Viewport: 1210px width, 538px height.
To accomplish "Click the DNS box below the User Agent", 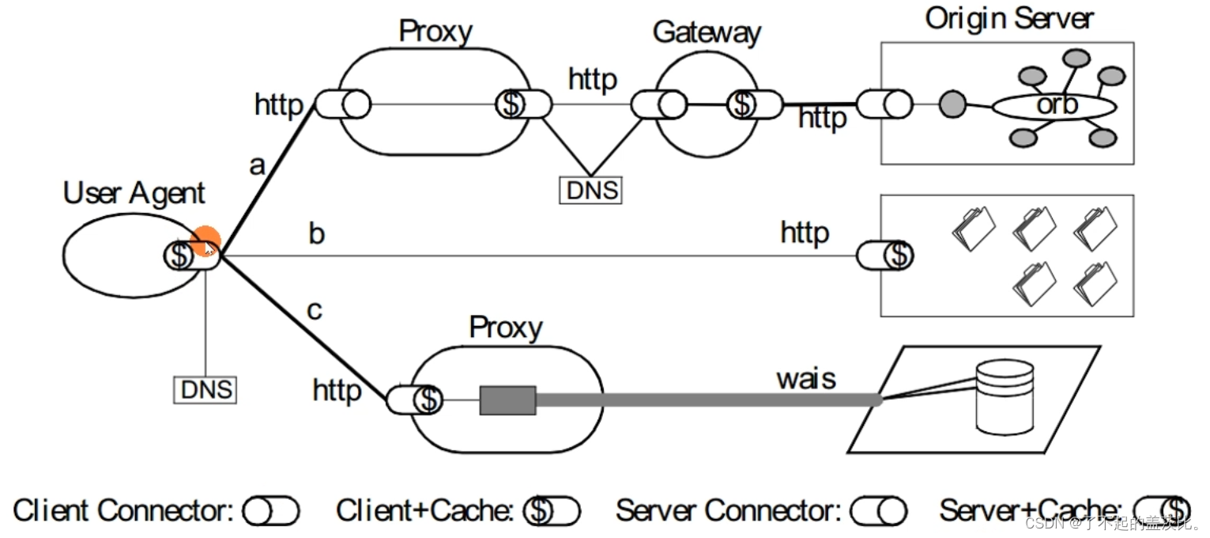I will [x=205, y=389].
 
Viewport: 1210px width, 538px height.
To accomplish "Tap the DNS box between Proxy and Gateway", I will [x=590, y=190].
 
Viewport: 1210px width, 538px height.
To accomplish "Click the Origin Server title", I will [x=1009, y=18].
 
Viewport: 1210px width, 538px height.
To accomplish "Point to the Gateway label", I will [x=706, y=32].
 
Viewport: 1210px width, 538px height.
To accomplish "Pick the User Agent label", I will [x=134, y=193].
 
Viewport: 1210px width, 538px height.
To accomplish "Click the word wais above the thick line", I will [x=805, y=378].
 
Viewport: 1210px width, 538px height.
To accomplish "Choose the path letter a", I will [x=257, y=166].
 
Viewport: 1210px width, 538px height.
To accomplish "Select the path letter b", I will [x=316, y=234].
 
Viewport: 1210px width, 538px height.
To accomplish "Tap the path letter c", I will [x=315, y=310].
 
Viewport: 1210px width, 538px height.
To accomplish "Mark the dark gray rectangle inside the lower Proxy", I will [x=507, y=400].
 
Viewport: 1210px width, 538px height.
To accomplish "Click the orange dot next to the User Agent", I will [x=206, y=241].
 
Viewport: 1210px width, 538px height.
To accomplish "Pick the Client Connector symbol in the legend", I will [x=271, y=512].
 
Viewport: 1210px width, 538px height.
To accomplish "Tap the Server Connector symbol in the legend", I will [x=878, y=512].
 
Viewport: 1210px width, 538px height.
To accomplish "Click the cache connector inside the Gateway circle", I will [x=754, y=104].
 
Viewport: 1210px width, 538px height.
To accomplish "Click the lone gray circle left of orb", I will [x=952, y=104].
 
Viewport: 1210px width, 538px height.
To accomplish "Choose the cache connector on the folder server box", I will [x=884, y=256].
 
